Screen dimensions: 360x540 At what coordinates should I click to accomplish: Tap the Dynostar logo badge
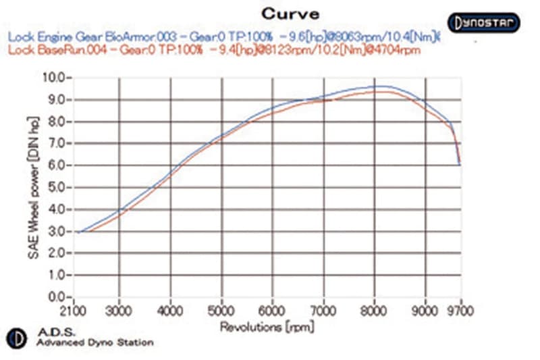click(x=483, y=22)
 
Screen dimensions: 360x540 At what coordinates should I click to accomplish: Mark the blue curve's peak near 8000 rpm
click(x=378, y=86)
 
